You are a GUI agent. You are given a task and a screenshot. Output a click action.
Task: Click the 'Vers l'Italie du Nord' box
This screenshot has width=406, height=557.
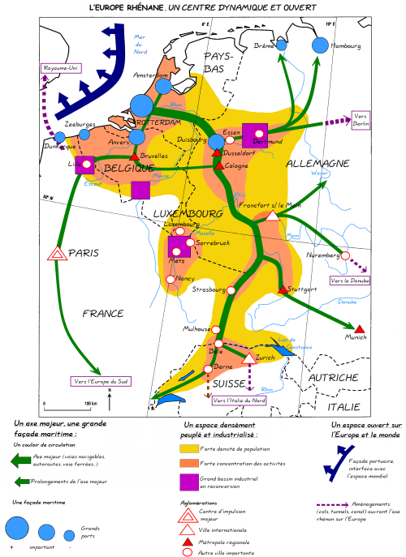click(237, 400)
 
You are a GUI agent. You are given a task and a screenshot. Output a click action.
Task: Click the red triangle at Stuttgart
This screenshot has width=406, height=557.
click(283, 289)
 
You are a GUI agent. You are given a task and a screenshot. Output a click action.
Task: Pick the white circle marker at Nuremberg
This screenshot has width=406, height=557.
click(345, 255)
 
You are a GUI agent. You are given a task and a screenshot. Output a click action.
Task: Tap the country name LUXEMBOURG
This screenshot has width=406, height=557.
click(186, 213)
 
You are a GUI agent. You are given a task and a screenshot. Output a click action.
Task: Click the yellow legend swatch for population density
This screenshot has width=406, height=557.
click(189, 448)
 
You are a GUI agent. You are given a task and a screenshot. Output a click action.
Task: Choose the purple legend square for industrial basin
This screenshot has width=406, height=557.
click(189, 482)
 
